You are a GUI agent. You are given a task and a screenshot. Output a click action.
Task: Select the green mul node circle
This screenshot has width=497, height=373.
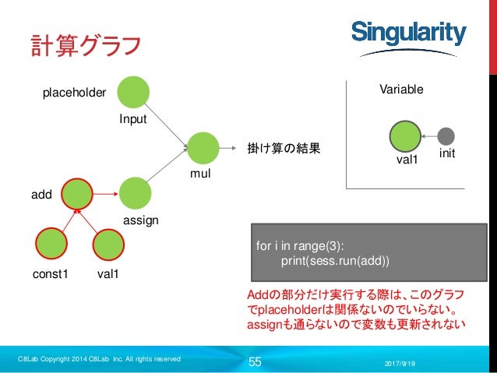[x=203, y=148]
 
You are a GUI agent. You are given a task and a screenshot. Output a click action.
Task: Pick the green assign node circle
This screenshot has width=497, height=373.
[x=136, y=194]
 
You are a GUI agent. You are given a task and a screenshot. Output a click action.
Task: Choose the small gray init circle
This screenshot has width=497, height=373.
[x=446, y=135]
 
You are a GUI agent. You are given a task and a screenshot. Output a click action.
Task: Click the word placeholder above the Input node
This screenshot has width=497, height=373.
[x=73, y=93]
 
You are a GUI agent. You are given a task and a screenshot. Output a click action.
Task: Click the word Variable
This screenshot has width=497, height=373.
[x=401, y=90]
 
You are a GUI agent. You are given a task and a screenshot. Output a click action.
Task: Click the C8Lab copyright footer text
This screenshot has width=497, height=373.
[x=100, y=359]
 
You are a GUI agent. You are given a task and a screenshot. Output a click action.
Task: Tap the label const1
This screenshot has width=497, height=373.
[x=51, y=275]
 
